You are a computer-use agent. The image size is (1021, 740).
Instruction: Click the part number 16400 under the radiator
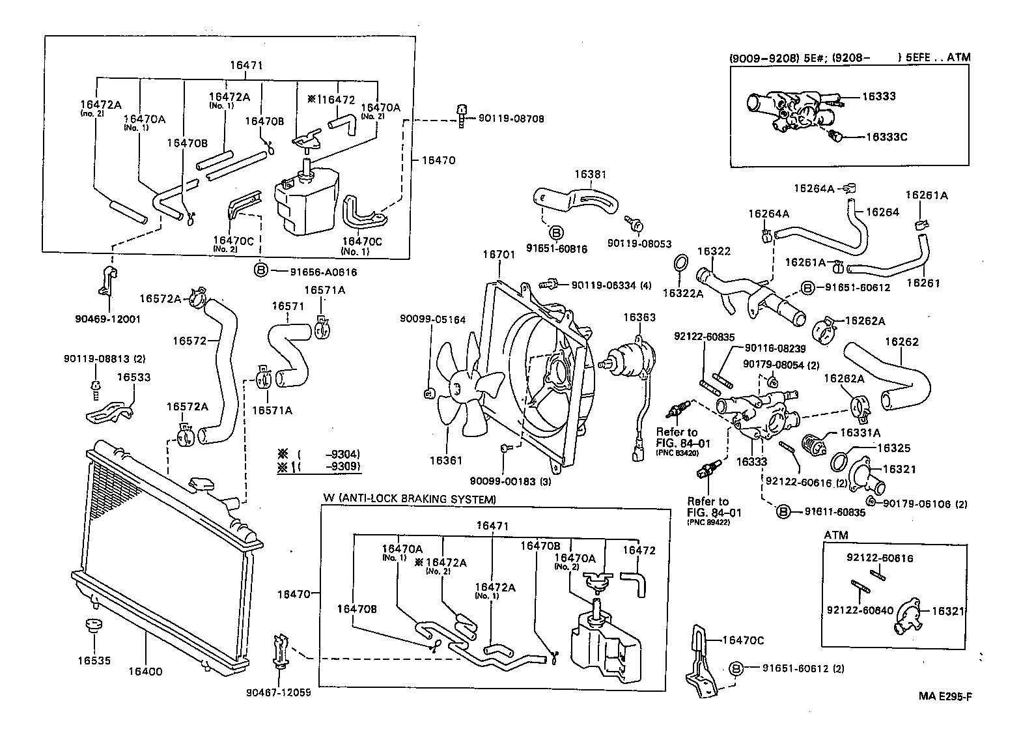coord(145,672)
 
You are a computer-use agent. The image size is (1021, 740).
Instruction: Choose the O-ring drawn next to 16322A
coord(679,263)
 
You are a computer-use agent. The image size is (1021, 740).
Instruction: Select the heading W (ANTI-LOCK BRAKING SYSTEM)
coord(410,499)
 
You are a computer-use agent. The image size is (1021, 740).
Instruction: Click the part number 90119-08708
coord(511,119)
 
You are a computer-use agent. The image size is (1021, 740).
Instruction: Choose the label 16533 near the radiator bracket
coord(134,377)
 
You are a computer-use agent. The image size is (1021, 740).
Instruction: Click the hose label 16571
coord(288,306)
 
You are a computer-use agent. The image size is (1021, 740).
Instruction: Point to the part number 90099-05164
coord(432,319)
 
